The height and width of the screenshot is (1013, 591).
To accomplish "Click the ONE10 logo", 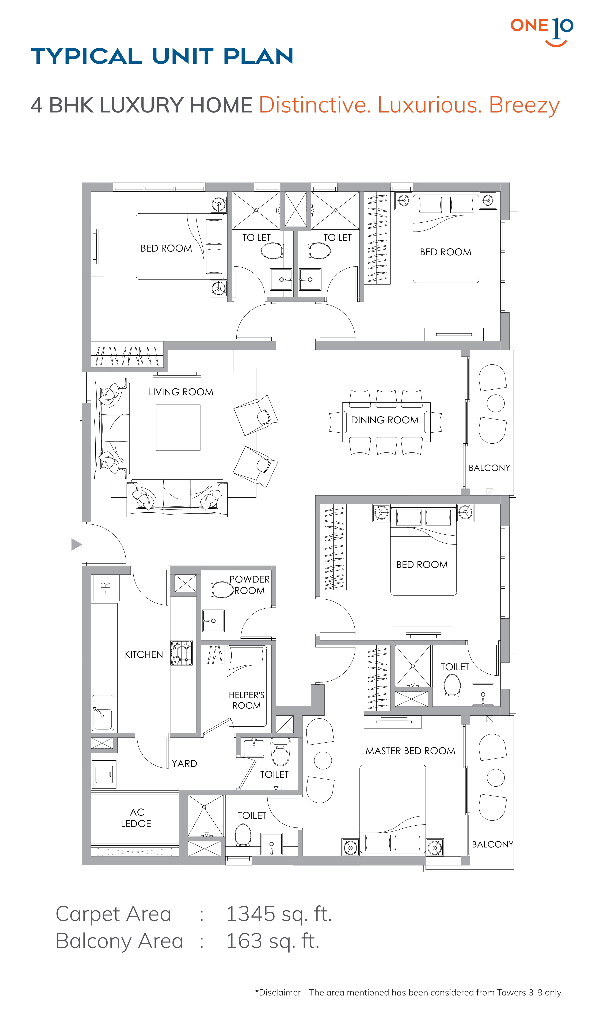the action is tap(542, 31).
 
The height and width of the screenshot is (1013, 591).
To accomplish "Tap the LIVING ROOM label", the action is tap(181, 392).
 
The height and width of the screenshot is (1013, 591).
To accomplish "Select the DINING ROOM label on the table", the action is tap(385, 420).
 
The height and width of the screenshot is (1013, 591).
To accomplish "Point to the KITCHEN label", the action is tap(144, 654).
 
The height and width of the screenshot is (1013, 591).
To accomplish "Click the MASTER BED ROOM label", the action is tap(411, 751).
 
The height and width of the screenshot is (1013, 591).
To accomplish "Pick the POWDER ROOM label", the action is tap(249, 585).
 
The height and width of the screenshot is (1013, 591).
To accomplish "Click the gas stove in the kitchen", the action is tap(181, 653).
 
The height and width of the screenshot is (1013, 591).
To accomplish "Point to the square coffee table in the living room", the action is tap(178, 427).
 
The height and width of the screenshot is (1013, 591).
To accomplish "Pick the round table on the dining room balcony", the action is tap(496, 403).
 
